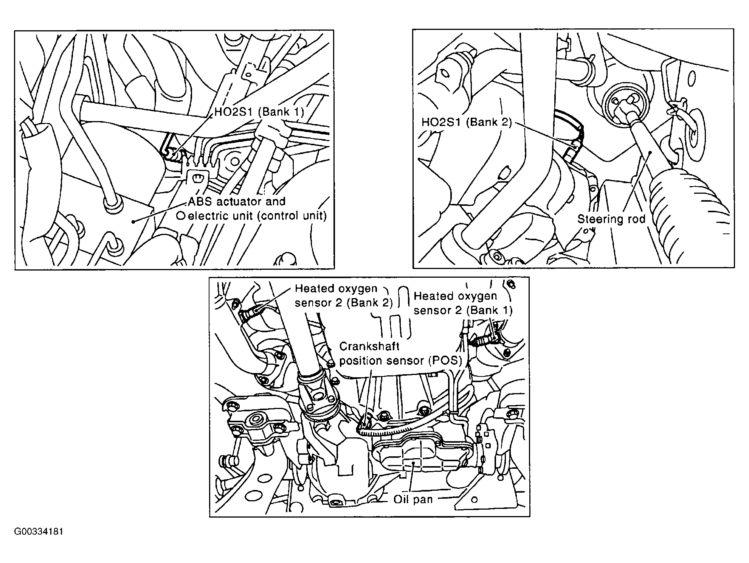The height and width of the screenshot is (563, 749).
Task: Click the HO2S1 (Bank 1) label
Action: pyautogui.click(x=259, y=112)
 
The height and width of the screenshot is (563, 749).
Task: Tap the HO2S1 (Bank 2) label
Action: pyautogui.click(x=467, y=122)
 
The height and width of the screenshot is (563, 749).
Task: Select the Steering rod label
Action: pyautogui.click(x=611, y=219)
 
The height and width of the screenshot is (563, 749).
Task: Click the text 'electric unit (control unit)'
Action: pyautogui.click(x=257, y=216)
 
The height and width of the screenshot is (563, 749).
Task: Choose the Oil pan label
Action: pyautogui.click(x=413, y=499)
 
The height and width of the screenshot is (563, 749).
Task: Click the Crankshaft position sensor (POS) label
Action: pyautogui.click(x=401, y=353)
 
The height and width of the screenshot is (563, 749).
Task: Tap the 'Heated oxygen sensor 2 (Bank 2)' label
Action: pyautogui.click(x=344, y=295)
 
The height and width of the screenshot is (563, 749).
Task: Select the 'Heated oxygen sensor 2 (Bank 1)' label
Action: pyautogui.click(x=463, y=303)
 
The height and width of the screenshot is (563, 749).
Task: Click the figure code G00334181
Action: pyautogui.click(x=39, y=532)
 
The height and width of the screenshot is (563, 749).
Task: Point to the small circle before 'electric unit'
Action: pyautogui.click(x=181, y=216)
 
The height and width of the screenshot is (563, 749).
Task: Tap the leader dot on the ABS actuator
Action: pyautogui.click(x=133, y=221)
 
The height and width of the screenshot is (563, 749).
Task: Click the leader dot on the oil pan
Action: pyautogui.click(x=414, y=462)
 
